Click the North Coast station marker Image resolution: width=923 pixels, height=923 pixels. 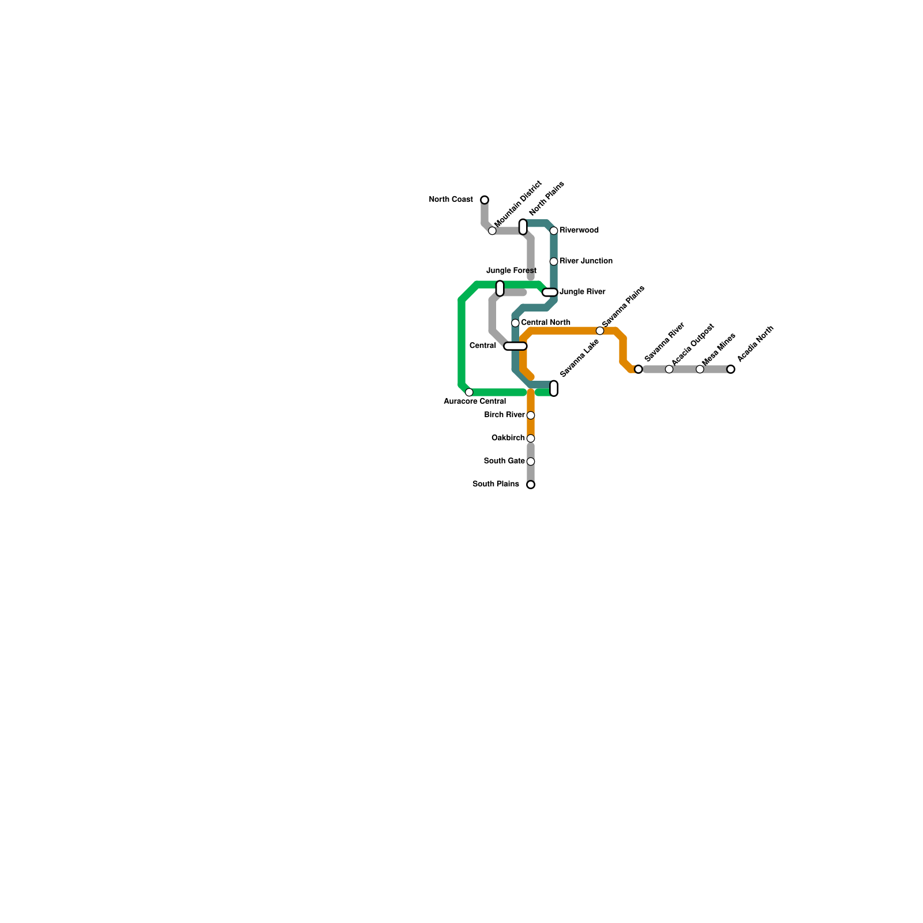[x=485, y=200]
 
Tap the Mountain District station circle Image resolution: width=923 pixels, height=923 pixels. [x=492, y=231]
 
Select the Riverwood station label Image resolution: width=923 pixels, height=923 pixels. [x=579, y=231]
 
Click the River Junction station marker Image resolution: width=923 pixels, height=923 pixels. [x=554, y=261]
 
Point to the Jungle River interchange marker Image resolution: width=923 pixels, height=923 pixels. [x=550, y=292]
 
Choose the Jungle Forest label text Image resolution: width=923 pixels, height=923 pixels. [x=511, y=271]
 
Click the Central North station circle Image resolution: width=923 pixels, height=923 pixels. [x=515, y=323]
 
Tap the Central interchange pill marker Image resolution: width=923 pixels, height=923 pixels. [x=515, y=346]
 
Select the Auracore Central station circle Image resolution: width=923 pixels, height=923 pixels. [x=469, y=392]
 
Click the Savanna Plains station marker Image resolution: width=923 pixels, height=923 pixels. [x=600, y=331]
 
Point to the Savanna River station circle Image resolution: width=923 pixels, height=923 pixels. [x=638, y=369]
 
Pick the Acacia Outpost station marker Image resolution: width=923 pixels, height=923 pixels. [x=669, y=369]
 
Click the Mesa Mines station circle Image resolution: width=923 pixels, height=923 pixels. [x=700, y=369]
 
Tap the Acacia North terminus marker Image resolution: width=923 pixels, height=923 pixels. [x=731, y=369]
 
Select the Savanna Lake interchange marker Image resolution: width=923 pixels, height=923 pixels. [x=554, y=388]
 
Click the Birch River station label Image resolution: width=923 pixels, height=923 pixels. [x=504, y=415]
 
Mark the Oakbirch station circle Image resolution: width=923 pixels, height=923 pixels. [x=531, y=438]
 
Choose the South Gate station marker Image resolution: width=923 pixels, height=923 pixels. [x=531, y=461]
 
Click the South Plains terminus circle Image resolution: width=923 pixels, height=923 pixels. [x=531, y=485]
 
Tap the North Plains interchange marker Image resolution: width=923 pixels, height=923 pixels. [x=523, y=227]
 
